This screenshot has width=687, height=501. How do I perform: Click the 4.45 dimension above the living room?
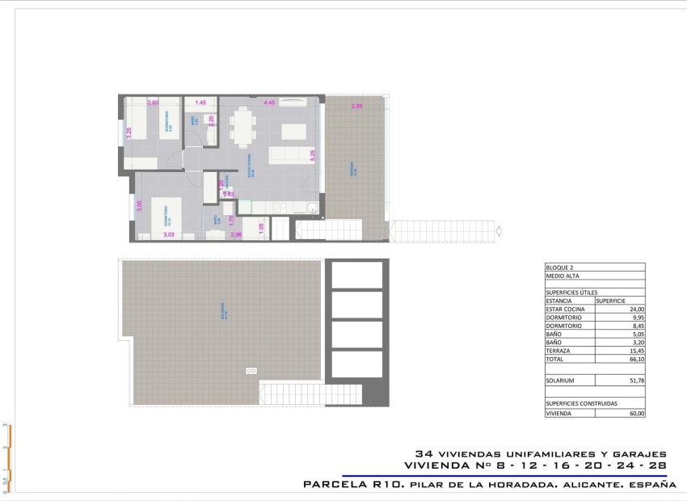269,103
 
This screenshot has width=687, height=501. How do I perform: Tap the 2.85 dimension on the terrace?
356,107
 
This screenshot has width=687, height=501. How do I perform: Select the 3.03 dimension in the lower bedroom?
169,234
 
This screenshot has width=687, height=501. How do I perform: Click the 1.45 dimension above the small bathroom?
200,103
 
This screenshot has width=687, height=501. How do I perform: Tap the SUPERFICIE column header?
611,300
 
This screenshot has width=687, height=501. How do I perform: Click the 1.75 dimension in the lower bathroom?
231,218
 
